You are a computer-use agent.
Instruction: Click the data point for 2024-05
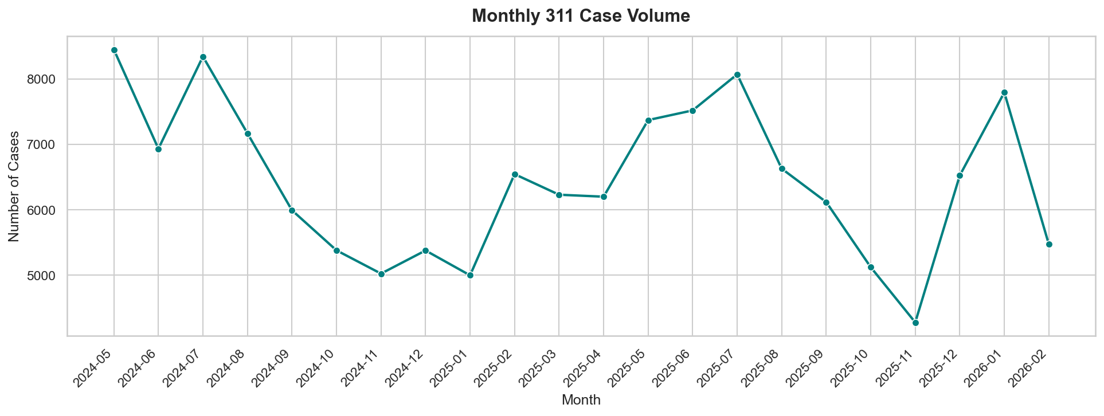point(114,50)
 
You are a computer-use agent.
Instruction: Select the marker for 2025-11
point(915,323)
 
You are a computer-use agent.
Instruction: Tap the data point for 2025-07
point(737,75)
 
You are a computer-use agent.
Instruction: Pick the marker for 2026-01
point(1004,93)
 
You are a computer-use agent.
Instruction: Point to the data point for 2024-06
point(158,149)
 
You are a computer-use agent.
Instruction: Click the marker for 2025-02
point(515,174)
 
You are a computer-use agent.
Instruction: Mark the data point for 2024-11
point(381,274)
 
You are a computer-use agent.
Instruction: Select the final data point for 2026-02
point(1049,244)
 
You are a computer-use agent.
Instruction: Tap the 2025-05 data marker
point(648,120)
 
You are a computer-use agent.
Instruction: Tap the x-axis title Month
point(581,400)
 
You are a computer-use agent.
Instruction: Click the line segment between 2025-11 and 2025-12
point(938,249)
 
